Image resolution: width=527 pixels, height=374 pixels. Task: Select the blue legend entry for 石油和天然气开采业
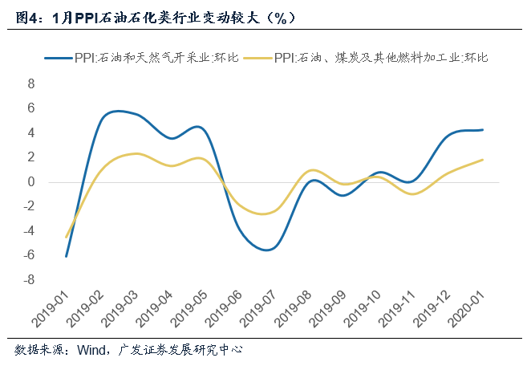click(x=140, y=58)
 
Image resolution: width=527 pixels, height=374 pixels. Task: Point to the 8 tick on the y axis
click(x=32, y=83)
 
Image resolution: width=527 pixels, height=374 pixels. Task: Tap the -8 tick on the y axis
click(x=30, y=280)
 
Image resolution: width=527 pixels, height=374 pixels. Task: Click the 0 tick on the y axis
click(x=32, y=182)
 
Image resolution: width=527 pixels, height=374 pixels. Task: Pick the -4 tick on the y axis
click(x=30, y=231)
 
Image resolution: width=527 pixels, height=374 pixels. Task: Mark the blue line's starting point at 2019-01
click(x=66, y=256)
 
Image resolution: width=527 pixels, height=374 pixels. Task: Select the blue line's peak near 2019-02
click(x=117, y=111)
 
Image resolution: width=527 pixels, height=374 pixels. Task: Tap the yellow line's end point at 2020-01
click(x=483, y=160)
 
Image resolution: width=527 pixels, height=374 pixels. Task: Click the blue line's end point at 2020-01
click(x=483, y=130)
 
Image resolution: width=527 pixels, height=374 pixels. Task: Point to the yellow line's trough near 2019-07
click(x=263, y=214)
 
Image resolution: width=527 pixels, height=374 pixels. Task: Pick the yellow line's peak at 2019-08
click(x=312, y=170)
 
